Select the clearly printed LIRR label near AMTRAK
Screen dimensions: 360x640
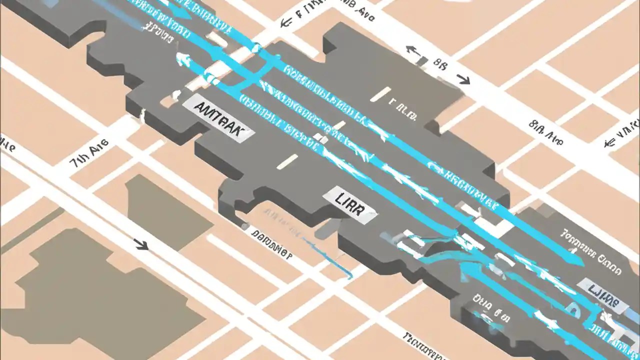click(350, 205)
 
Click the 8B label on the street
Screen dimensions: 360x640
click(440, 63)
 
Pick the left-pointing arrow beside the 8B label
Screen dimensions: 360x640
click(411, 49)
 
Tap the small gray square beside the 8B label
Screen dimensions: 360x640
click(422, 61)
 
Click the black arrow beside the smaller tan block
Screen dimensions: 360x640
click(141, 244)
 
